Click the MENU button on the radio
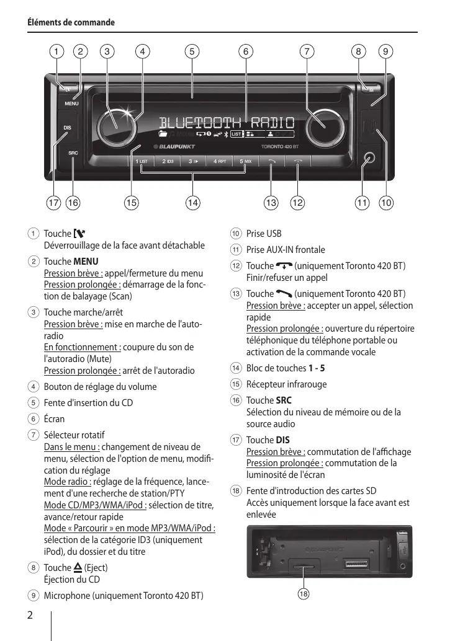point(72,104)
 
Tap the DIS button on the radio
point(68,128)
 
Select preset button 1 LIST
point(142,161)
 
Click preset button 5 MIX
point(246,161)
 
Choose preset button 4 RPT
point(220,161)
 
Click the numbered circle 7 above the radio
point(307,51)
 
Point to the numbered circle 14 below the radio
point(193,201)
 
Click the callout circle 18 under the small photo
point(303,594)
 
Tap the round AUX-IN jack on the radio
point(370,158)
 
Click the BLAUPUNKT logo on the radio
point(174,147)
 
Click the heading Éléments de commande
point(71,22)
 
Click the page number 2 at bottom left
point(30,615)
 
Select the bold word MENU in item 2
point(86,262)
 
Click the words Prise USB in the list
point(264,234)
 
